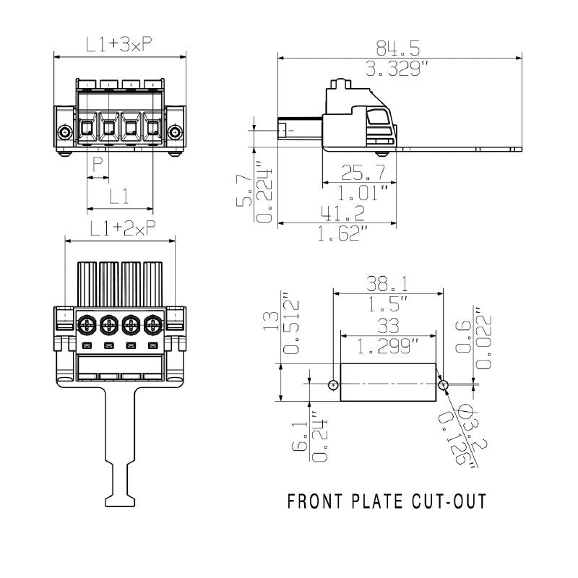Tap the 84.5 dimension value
(x=398, y=48)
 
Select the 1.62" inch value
(x=344, y=233)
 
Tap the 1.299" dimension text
(x=389, y=347)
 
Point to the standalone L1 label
(x=119, y=196)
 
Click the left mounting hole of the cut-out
(x=333, y=384)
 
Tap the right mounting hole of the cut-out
(x=444, y=384)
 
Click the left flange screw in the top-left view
(x=65, y=133)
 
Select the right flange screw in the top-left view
(x=174, y=133)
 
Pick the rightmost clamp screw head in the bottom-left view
(x=153, y=324)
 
